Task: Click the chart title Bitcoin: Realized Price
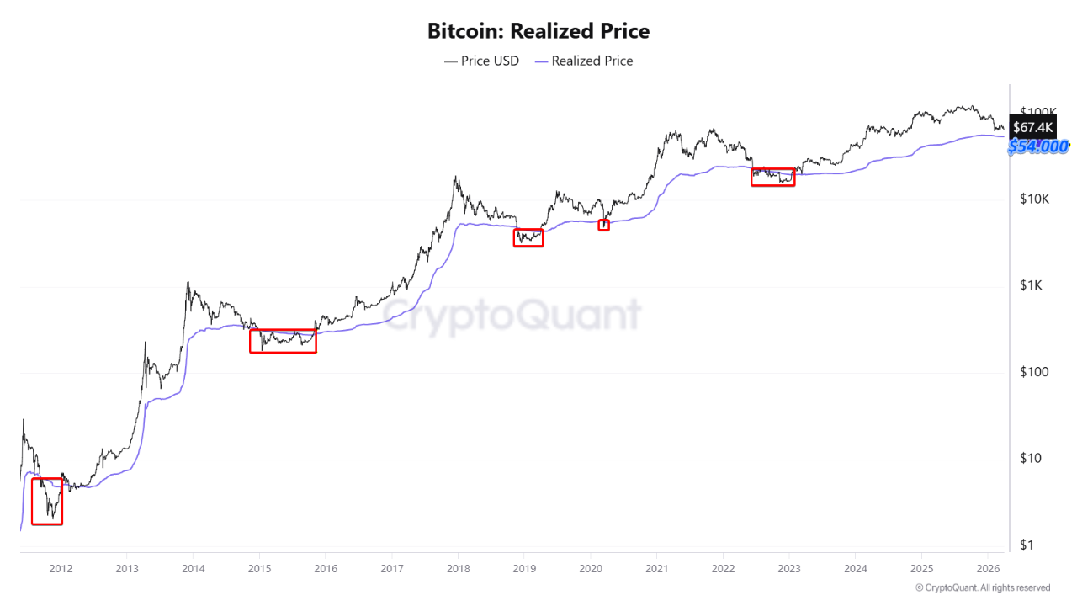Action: click(538, 31)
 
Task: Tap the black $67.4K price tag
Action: click(1032, 127)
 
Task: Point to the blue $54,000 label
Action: click(1038, 146)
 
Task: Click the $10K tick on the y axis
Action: click(1032, 199)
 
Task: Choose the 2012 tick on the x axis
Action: click(61, 568)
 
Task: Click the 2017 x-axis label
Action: click(391, 568)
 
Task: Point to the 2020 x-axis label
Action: click(590, 568)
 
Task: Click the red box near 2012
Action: click(47, 501)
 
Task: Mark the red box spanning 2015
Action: click(283, 341)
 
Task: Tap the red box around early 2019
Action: click(528, 237)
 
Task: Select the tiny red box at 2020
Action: click(603, 225)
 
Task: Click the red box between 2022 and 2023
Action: click(772, 177)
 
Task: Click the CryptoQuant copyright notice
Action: click(983, 587)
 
